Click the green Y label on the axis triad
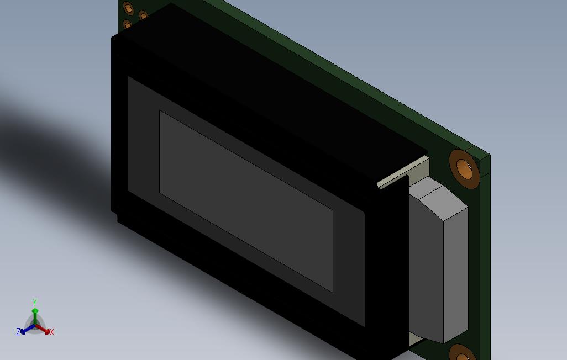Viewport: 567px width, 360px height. point(34,303)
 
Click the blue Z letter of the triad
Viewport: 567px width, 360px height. point(18,332)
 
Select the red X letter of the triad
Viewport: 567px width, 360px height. point(52,332)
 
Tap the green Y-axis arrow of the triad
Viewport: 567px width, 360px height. point(35,315)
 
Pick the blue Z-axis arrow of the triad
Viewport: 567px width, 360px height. point(25,330)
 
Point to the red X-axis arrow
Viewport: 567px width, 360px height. point(44,330)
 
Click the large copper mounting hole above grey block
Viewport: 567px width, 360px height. point(463,166)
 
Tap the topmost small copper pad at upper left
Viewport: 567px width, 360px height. point(128,8)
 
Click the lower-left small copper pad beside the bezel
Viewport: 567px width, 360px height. point(128,25)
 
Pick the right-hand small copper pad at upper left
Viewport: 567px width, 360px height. point(143,16)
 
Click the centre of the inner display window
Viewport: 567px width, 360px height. point(246,202)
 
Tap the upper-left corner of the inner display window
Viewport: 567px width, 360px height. point(160,112)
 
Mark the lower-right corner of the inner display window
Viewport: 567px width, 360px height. point(332,291)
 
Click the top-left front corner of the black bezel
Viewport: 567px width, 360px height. point(113,38)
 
